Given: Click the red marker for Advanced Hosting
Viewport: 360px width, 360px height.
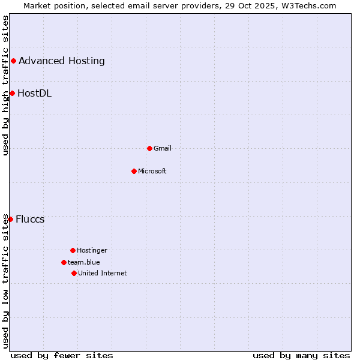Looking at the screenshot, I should [13, 61].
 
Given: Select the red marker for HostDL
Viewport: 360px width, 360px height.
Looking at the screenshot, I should [12, 93].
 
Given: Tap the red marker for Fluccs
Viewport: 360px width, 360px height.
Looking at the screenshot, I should [10, 219].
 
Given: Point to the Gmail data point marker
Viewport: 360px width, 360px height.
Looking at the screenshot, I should [149, 148].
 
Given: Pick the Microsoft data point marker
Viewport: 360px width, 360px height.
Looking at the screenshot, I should [134, 171].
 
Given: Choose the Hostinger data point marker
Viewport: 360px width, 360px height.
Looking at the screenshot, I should [73, 250].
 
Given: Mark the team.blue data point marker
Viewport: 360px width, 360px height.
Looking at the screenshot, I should [64, 262].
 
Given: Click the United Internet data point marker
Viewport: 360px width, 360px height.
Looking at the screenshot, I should [74, 273].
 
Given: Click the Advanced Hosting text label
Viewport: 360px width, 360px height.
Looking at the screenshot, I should [62, 61].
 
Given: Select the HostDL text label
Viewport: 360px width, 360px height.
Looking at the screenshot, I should [35, 93].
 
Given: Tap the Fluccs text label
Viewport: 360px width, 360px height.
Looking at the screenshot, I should [30, 219].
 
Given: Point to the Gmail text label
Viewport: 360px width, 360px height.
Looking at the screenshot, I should [163, 148].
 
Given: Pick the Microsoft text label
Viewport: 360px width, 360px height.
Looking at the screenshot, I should [152, 171].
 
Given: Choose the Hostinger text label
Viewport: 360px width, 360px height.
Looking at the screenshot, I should [92, 250].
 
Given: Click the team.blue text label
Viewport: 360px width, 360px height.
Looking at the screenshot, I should [84, 262].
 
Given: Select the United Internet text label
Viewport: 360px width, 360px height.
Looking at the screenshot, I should [103, 273].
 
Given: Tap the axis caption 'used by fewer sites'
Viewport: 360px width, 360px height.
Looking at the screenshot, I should [62, 355].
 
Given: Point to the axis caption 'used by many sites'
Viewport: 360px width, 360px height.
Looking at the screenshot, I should [301, 355].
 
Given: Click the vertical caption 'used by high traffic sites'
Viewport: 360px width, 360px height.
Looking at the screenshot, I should [5, 85].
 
